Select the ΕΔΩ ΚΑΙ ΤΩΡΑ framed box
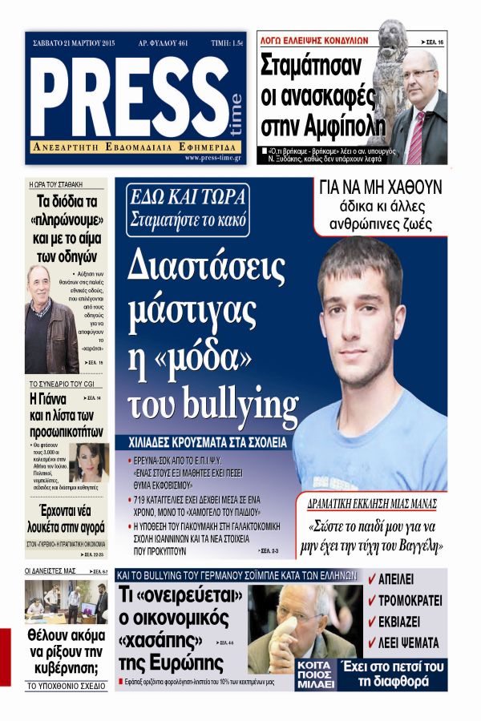189,207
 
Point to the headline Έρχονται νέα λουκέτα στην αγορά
67,522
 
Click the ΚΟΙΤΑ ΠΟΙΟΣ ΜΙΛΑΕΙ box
314,675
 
